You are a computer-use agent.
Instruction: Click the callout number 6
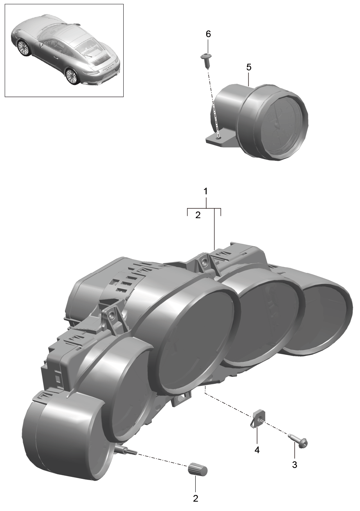click(208, 34)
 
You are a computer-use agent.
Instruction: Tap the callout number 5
click(249, 67)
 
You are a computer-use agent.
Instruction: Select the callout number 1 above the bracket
click(206, 191)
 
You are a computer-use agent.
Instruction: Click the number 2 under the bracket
click(198, 215)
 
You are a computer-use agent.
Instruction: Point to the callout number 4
click(257, 450)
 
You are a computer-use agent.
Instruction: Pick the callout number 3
click(295, 464)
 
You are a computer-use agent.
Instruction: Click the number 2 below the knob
click(195, 505)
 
